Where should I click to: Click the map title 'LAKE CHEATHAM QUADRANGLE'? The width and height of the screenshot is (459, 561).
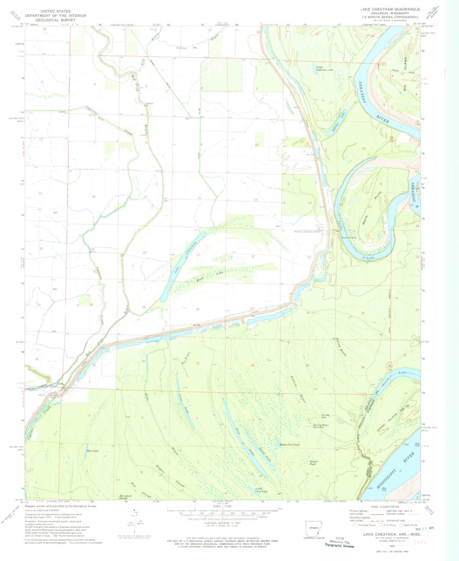[389, 9]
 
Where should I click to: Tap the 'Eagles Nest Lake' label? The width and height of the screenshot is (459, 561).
[290, 444]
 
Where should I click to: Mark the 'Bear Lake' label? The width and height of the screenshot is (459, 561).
[92, 451]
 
